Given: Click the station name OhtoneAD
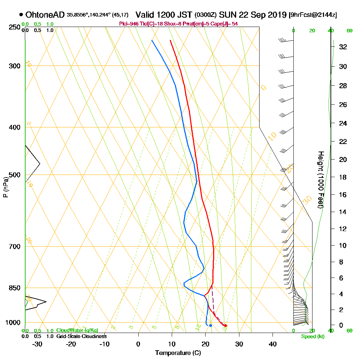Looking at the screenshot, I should pos(45,15).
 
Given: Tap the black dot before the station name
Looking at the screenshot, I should pos(21,15).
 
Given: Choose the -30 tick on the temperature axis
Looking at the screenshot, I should pos(37,344).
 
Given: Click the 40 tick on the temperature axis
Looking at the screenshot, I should pos(273,344).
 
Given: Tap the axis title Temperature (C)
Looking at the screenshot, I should pos(178,353).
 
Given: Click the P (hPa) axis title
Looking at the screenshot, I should pos(5,187).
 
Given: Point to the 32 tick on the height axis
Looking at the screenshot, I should pos(343,47).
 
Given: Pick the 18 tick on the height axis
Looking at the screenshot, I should pos(343,177).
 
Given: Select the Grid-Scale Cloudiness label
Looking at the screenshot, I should pos(81,336).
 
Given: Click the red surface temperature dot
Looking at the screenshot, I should pos(225,326).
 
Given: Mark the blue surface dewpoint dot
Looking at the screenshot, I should pos(211,325).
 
